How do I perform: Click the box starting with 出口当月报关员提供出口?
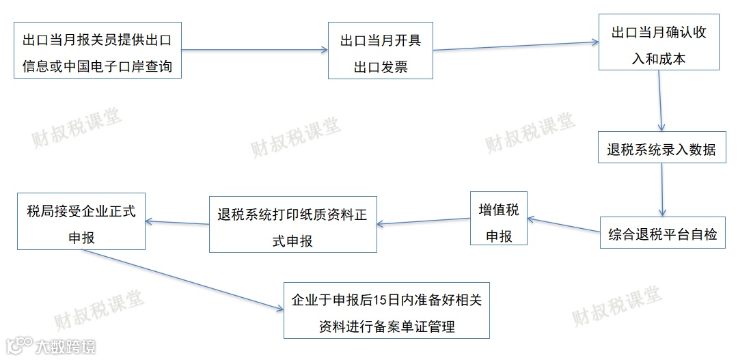coord(97,50)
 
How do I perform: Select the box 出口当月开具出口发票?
coord(380,51)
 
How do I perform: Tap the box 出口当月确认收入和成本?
coord(659,42)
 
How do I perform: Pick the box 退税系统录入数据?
coord(661,150)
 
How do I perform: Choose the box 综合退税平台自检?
coord(662,233)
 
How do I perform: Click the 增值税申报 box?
coord(499,219)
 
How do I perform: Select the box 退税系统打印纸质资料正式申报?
coord(292,225)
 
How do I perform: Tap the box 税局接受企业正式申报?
coord(81,221)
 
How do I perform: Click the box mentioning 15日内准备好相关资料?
coord(387,310)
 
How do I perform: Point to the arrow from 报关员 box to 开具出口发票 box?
coord(254,49)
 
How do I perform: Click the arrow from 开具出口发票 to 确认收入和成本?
coord(516,45)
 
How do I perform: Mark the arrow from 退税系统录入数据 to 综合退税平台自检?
coord(662,191)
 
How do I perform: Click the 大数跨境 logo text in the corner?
coord(66,346)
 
